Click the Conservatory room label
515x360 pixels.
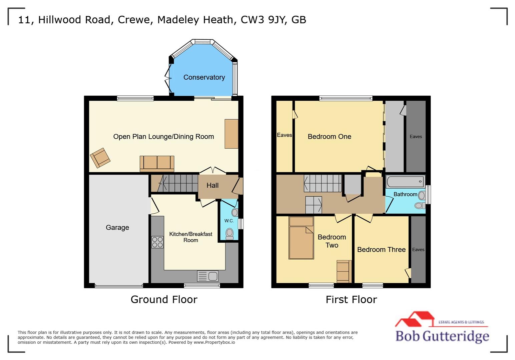coord(204,77)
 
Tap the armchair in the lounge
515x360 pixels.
coord(100,158)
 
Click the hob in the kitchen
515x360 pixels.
coord(157,242)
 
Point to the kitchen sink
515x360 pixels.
coord(208,276)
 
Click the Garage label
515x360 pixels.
coord(117,228)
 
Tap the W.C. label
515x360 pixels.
coord(229,221)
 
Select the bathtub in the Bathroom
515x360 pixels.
coord(405,182)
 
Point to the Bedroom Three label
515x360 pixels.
coord(381,250)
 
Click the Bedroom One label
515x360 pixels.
coord(329,137)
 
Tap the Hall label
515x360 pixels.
coord(212,186)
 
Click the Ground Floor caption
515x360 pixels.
coord(164,299)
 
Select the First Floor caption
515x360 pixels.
coord(351,299)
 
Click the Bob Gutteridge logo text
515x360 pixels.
coord(442,336)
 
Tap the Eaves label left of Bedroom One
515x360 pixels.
coord(284,135)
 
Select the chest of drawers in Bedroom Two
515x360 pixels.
coord(344,271)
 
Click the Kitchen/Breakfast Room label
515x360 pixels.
coord(190,237)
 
